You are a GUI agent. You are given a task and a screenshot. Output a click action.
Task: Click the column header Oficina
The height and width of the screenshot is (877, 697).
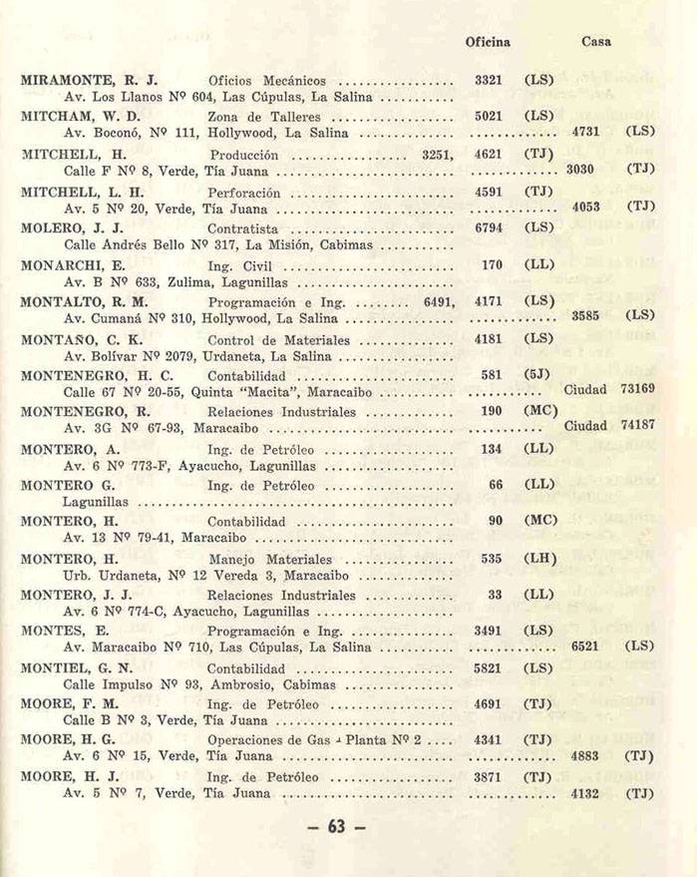[488, 42]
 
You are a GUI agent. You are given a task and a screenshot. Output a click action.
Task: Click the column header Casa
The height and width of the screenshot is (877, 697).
[596, 42]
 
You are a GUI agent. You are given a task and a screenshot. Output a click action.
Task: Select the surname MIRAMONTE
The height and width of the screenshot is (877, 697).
[68, 79]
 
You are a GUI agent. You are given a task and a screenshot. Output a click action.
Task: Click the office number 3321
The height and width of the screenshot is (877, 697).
[490, 79]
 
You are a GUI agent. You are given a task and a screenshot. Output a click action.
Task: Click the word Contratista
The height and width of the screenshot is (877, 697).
[242, 227]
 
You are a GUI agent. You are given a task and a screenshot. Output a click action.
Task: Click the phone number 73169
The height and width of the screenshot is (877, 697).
[637, 388]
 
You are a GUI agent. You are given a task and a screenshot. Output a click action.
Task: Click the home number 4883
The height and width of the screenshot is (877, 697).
[584, 756]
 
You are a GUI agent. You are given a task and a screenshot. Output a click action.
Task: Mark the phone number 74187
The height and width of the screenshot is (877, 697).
[637, 425]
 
